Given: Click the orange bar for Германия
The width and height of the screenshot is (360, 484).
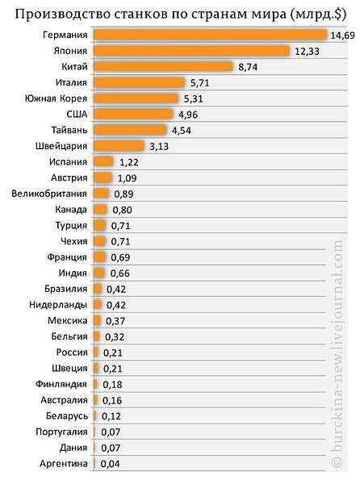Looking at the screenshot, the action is (x=210, y=35).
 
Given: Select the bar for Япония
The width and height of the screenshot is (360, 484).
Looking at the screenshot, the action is (x=192, y=51).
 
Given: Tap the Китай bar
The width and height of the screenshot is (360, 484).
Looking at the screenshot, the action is (x=163, y=67).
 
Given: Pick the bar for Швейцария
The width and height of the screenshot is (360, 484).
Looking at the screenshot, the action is (x=119, y=146).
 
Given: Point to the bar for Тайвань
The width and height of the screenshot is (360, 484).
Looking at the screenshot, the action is (x=130, y=130).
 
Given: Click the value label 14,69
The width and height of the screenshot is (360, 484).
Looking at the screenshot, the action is (x=343, y=35).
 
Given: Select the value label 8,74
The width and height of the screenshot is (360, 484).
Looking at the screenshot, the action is (x=248, y=67).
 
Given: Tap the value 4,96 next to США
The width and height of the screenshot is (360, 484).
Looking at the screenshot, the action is (x=188, y=115).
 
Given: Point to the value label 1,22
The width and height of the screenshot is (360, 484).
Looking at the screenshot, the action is (x=129, y=162).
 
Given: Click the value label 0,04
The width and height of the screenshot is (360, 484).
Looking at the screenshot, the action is (x=111, y=464).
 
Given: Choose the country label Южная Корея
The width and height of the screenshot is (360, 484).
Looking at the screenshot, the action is (x=56, y=98).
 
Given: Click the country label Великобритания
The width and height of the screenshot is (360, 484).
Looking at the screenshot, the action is (x=49, y=194).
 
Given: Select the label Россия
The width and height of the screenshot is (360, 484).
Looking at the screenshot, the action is (x=72, y=353).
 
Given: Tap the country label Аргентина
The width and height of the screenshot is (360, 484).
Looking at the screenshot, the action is (x=64, y=463).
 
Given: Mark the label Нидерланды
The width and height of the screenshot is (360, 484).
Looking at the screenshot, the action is (x=58, y=305).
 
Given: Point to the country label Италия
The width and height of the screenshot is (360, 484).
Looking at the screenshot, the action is (x=71, y=82).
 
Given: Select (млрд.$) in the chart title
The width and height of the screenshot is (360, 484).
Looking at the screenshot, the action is (x=318, y=15).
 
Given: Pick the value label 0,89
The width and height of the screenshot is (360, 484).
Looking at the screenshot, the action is (x=123, y=194).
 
